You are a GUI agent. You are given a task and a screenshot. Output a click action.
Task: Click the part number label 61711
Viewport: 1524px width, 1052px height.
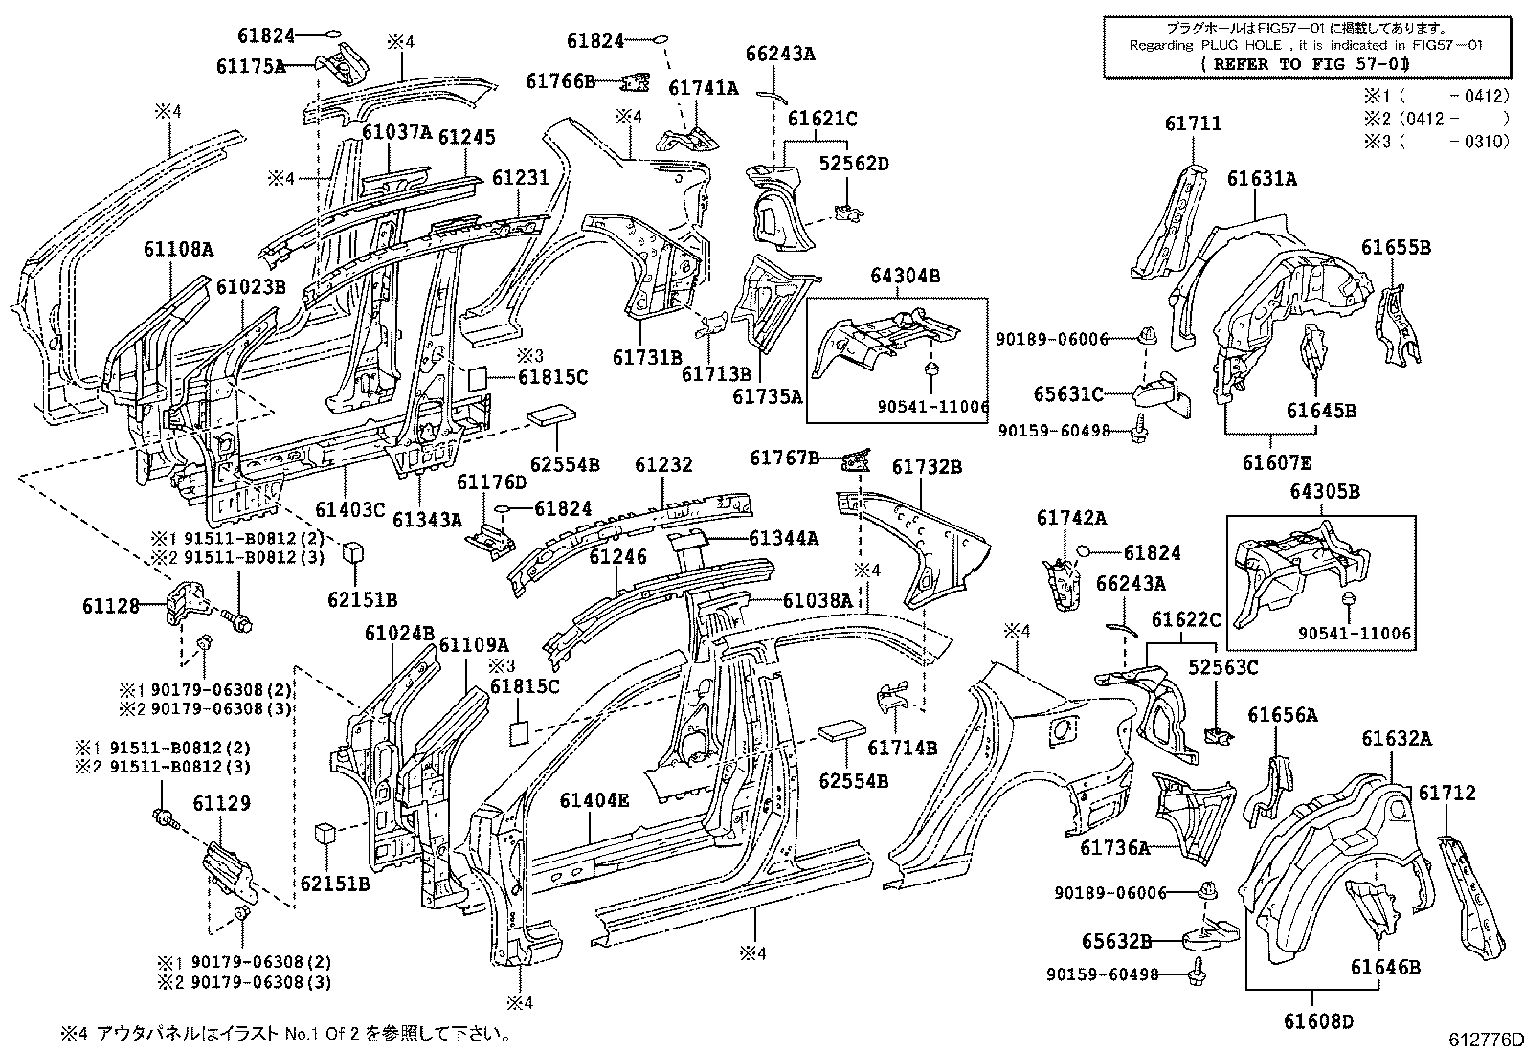pyautogui.click(x=1193, y=124)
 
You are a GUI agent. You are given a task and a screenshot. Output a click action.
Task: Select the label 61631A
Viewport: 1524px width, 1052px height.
pyautogui.click(x=1263, y=179)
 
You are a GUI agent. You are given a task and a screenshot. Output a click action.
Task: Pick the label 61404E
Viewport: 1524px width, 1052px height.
pyautogui.click(x=594, y=800)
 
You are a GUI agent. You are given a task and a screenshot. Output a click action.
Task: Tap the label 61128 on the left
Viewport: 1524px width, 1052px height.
pyautogui.click(x=111, y=605)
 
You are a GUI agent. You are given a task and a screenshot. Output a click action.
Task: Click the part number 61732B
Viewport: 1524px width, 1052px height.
pyautogui.click(x=927, y=467)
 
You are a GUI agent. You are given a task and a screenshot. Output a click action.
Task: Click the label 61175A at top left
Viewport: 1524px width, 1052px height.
pyautogui.click(x=251, y=66)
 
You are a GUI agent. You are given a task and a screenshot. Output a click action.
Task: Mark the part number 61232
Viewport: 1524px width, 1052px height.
pyautogui.click(x=663, y=465)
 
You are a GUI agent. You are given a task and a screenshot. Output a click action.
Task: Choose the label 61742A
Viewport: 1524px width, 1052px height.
pyautogui.click(x=1071, y=518)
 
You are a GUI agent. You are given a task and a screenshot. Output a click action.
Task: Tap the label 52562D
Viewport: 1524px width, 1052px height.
pyautogui.click(x=854, y=164)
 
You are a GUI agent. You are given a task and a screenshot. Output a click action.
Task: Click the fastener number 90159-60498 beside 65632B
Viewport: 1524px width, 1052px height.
pyautogui.click(x=1102, y=974)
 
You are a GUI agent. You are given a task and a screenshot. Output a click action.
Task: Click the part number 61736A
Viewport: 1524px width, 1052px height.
pyautogui.click(x=1114, y=848)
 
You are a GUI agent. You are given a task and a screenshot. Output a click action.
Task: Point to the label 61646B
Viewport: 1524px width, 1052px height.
pyautogui.click(x=1385, y=967)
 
